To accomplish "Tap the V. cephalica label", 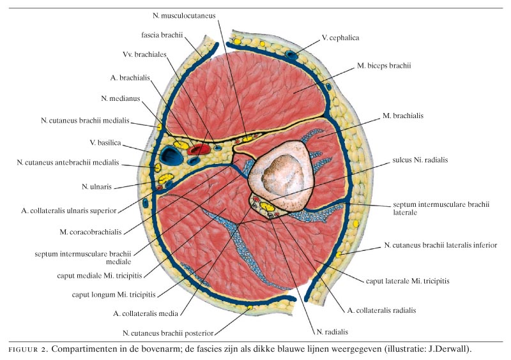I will [x=340, y=38].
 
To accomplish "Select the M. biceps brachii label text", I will [x=383, y=65].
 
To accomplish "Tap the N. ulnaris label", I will [x=98, y=186].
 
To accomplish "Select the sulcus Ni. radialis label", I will [x=420, y=160].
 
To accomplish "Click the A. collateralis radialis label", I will [x=381, y=310].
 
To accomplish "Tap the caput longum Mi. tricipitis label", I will [x=116, y=296].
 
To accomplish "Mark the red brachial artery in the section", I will [x=199, y=149].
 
